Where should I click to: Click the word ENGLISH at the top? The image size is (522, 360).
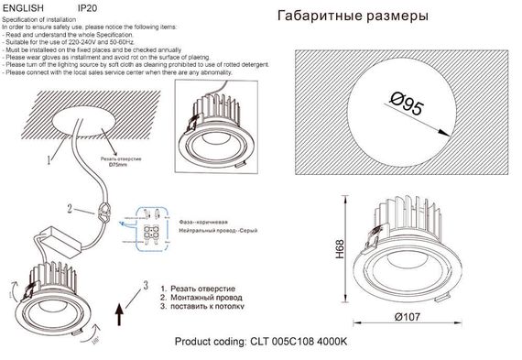(26, 6)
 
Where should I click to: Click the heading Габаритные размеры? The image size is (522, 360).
(351, 16)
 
